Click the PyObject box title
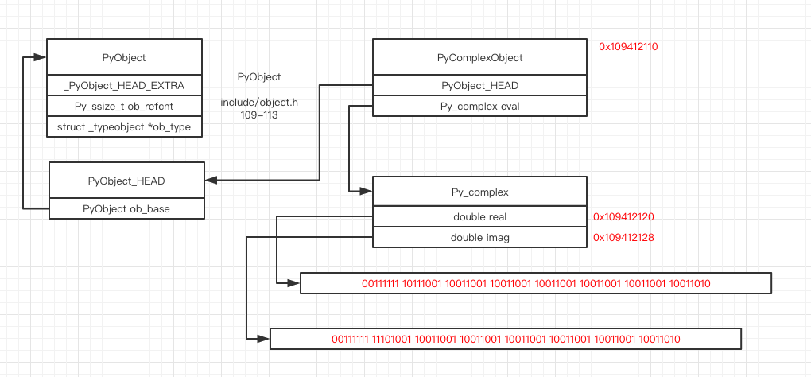[125, 58]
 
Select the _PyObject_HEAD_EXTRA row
[124, 85]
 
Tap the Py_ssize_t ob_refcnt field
[124, 106]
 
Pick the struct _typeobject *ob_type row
[124, 126]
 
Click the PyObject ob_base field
[126, 208]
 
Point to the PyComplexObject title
[479, 58]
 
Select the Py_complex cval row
[479, 106]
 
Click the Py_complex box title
[479, 192]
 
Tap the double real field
[479, 216]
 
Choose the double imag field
[479, 237]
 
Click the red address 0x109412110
[628, 47]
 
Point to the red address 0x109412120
[623, 216]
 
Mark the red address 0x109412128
[623, 237]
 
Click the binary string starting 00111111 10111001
[536, 283]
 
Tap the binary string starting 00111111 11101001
[506, 339]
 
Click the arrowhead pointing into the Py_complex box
[367, 192]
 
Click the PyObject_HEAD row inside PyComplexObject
[479, 85]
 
